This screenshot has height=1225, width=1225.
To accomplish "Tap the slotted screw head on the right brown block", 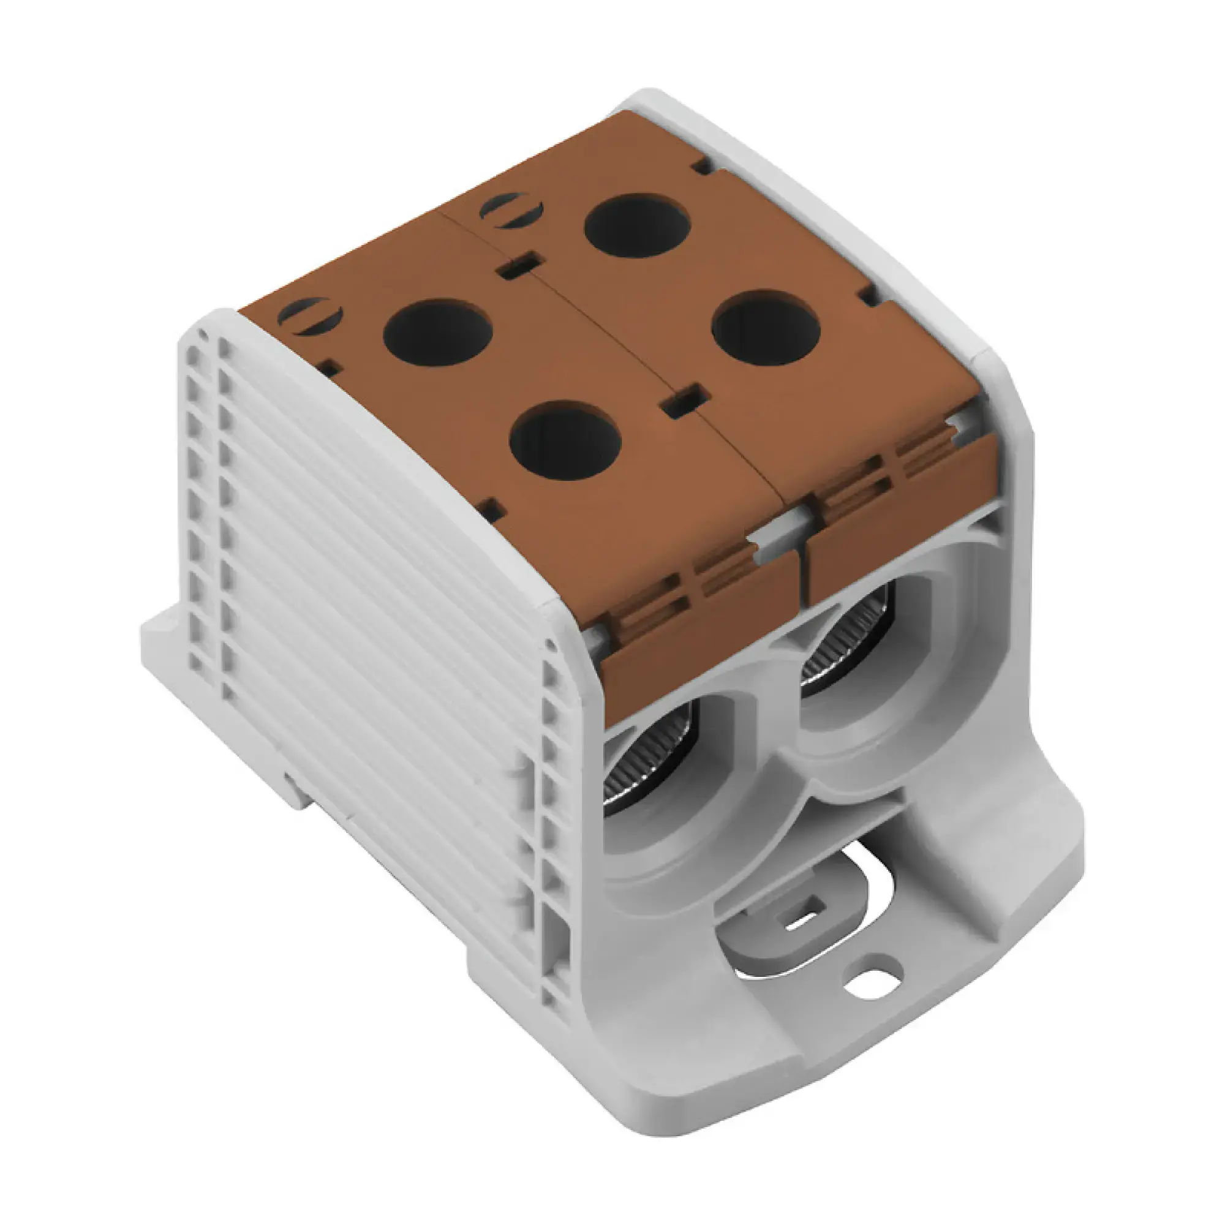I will pyautogui.click(x=512, y=209).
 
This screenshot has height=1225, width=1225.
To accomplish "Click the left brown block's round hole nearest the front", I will pyautogui.click(x=564, y=439).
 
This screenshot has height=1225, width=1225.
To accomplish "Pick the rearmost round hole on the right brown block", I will pyautogui.click(x=636, y=225).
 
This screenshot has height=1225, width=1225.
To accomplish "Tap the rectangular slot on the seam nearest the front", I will pyautogui.click(x=683, y=401).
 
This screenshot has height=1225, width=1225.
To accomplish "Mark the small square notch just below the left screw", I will pyautogui.click(x=331, y=367).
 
